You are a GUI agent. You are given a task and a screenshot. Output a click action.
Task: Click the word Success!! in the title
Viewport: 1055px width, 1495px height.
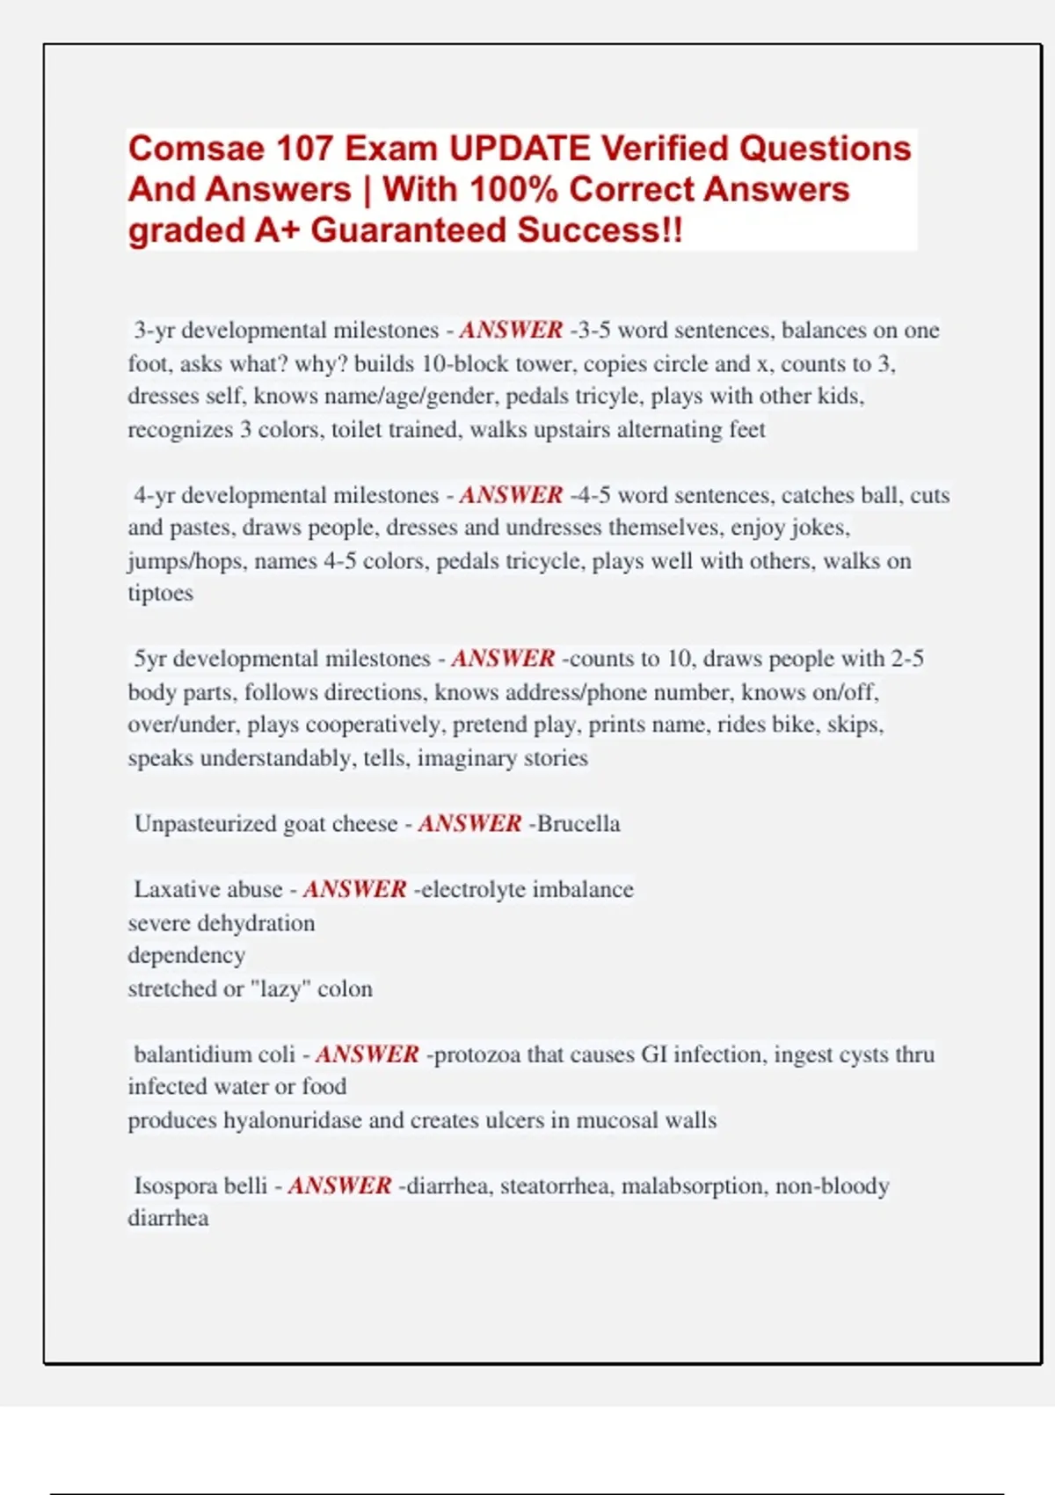[600, 230]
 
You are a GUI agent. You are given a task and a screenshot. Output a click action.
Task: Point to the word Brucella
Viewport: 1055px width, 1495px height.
[578, 824]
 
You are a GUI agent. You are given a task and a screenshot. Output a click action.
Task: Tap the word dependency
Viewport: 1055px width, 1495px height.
[186, 956]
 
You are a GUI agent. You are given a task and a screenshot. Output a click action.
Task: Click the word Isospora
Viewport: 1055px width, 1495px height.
[175, 1186]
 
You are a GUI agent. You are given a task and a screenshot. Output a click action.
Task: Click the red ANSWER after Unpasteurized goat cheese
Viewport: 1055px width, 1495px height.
[469, 824]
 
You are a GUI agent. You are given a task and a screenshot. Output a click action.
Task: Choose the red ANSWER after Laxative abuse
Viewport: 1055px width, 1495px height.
[354, 890]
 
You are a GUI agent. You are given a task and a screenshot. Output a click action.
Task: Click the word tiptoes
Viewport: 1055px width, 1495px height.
[160, 594]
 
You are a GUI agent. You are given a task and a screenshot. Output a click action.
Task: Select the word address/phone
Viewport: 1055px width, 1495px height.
[526, 693]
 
